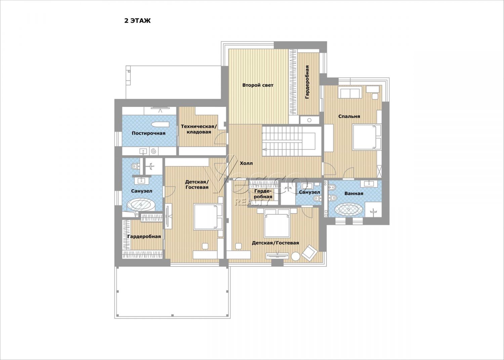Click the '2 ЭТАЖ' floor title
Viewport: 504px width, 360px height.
tap(137, 21)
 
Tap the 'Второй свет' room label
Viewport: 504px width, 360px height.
tap(258, 85)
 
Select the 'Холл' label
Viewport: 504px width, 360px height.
tap(246, 163)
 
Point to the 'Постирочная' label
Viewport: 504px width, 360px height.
tap(149, 133)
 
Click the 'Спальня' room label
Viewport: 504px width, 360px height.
tap(349, 116)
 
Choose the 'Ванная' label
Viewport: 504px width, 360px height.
tap(354, 194)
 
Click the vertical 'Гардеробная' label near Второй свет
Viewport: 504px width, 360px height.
tap(307, 82)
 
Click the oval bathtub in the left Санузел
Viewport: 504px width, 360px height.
tap(141, 205)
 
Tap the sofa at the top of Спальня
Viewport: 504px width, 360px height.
tap(349, 93)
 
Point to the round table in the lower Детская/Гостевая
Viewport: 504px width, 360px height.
tap(295, 256)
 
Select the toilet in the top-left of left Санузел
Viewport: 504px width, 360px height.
tap(135, 166)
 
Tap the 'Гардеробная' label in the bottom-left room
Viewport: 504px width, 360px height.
tap(144, 237)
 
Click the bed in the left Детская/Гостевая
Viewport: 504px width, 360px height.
tap(208, 217)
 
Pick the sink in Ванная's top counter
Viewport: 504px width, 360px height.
tap(369, 184)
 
